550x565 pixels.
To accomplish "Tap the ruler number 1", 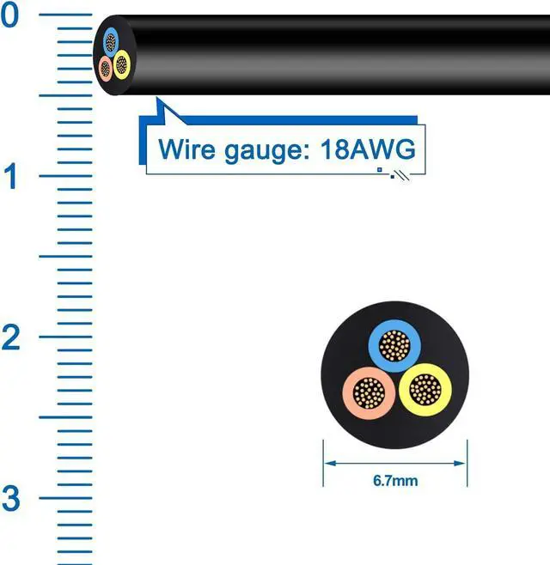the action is [x=10, y=177].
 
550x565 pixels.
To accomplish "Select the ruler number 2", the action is [x=10, y=337].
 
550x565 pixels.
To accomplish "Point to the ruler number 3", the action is [x=10, y=498].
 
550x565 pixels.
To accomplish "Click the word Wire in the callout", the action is [x=186, y=149].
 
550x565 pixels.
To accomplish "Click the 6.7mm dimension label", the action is [x=395, y=480].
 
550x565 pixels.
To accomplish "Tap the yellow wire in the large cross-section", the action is [x=425, y=391].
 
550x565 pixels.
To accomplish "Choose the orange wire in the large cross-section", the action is [x=370, y=393].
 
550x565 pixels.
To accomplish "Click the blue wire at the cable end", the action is [x=112, y=41].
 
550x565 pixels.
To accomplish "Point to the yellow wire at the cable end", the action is [x=121, y=63].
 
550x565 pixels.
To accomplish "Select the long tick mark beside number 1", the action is [x=64, y=177].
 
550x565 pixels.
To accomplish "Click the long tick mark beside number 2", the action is [x=64, y=337].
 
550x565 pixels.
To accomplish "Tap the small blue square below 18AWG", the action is [x=379, y=171].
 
